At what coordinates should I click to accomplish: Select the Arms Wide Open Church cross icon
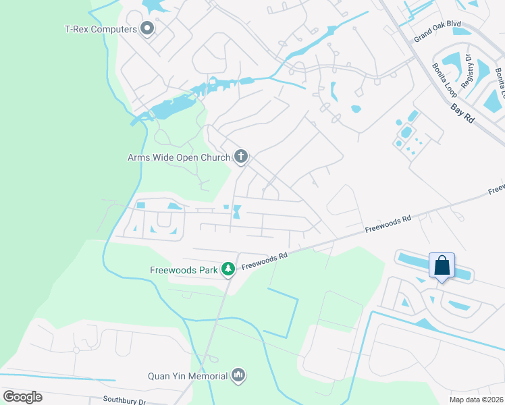click(x=240, y=157)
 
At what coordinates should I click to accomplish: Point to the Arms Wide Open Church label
click(x=179, y=158)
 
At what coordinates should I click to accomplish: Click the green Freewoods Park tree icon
click(x=228, y=270)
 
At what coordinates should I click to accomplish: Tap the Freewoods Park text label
click(x=184, y=270)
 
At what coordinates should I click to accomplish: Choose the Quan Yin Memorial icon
click(x=238, y=375)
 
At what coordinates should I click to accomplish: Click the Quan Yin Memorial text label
click(x=188, y=375)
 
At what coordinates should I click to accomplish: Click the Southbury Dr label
click(x=124, y=400)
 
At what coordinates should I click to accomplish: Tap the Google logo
click(x=22, y=397)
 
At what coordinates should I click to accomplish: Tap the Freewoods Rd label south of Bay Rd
click(x=388, y=225)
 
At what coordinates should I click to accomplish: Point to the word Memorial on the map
click(x=207, y=375)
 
